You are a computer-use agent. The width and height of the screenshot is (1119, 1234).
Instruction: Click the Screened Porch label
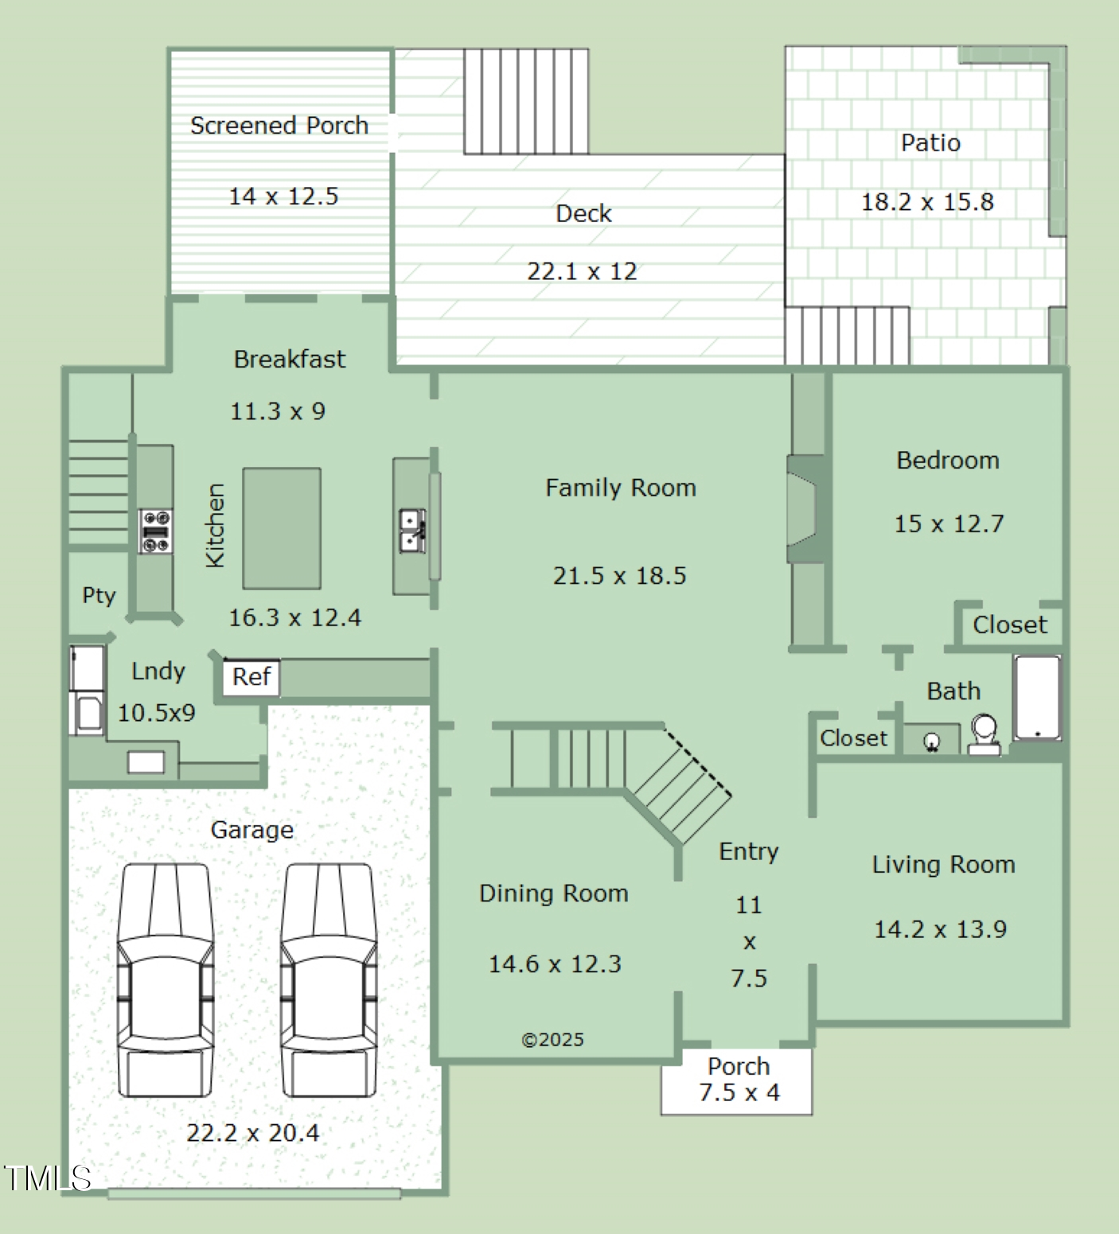[279, 126]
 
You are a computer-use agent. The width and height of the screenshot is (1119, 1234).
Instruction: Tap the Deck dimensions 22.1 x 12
[582, 271]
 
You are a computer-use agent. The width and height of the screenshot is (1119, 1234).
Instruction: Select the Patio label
[930, 142]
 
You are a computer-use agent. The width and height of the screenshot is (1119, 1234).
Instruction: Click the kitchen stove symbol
[156, 531]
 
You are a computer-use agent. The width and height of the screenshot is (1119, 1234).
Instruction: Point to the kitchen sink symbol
[412, 531]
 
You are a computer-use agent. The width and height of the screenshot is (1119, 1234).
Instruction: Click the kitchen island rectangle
[282, 528]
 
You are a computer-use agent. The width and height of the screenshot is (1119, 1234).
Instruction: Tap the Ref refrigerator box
[251, 678]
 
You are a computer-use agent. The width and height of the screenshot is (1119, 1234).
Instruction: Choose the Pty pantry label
[99, 595]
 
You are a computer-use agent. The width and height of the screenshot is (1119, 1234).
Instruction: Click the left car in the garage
[166, 980]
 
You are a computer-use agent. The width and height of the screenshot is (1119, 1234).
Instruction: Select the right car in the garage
[329, 980]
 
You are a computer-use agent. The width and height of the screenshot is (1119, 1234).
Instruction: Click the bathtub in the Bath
[1037, 697]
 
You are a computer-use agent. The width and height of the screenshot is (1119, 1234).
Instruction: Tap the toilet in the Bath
[984, 734]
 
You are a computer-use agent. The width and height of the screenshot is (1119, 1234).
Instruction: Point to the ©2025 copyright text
[552, 1040]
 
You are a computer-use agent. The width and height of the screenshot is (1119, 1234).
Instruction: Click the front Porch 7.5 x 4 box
[737, 1080]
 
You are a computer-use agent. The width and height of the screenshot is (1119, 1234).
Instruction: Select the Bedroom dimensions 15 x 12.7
[949, 524]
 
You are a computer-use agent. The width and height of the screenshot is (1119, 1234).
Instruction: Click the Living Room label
[944, 864]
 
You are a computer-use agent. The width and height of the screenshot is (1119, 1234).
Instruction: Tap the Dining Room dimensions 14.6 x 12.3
[555, 964]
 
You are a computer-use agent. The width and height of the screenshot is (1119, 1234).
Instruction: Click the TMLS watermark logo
[47, 1178]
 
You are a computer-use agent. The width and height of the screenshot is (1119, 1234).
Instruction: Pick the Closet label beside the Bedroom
[1010, 625]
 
